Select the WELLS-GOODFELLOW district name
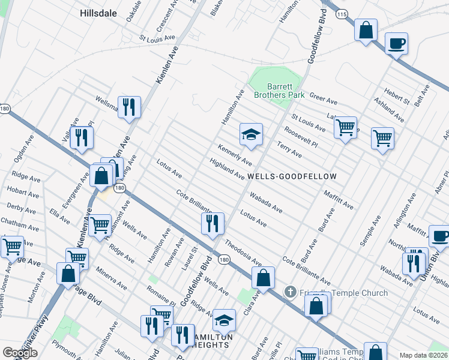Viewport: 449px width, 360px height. pyautogui.click(x=292, y=176)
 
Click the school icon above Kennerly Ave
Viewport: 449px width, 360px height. pyautogui.click(x=251, y=135)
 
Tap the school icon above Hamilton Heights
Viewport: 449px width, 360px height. pyautogui.click(x=224, y=321)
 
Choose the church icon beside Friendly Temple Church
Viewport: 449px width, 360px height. pyautogui.click(x=290, y=292)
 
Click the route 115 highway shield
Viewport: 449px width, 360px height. pyautogui.click(x=342, y=13)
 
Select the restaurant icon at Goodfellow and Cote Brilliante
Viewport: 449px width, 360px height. pyautogui.click(x=212, y=224)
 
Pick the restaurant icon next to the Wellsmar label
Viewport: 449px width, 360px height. pyautogui.click(x=129, y=107)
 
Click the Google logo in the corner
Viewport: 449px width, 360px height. pyautogui.click(x=20, y=353)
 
